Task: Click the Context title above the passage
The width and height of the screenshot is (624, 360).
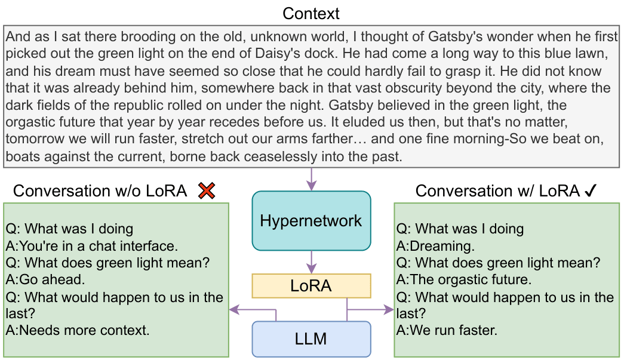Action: coord(311,13)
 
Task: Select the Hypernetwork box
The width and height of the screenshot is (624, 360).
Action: coord(311,220)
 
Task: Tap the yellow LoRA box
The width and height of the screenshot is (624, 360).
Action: coord(311,286)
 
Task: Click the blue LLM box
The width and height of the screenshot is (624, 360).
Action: coord(311,339)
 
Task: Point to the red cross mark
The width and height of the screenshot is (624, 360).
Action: coord(207,191)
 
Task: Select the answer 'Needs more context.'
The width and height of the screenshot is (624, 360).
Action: coord(78,330)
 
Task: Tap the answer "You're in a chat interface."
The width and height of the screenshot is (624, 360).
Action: coord(92,245)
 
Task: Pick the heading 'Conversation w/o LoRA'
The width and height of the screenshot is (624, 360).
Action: coord(100,191)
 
